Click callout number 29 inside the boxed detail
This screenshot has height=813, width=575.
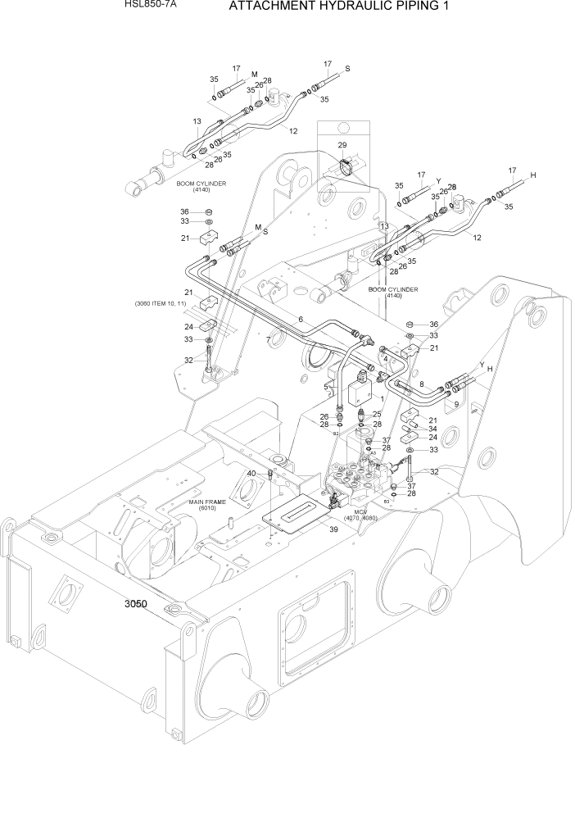click(342, 145)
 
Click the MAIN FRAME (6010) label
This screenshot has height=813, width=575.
click(207, 504)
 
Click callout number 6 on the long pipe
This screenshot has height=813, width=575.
click(301, 319)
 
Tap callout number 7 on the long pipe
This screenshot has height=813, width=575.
click(268, 339)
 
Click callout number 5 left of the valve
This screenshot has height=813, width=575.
click(326, 386)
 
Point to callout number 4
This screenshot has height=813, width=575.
click(383, 358)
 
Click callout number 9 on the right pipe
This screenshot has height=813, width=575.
click(455, 404)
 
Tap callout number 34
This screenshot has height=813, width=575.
click(432, 429)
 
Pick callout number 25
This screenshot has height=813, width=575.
click(377, 414)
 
